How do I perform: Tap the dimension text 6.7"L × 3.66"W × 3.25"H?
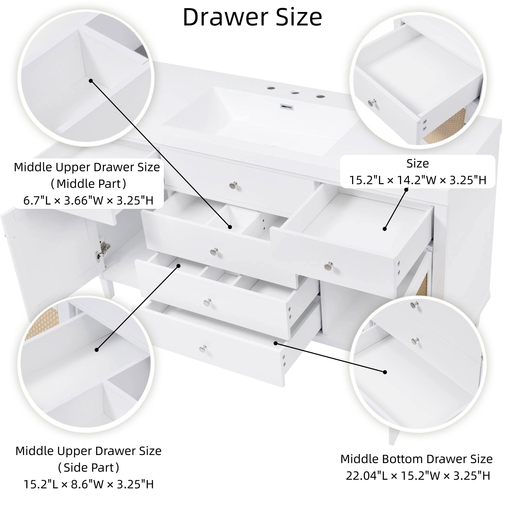pos(88,200)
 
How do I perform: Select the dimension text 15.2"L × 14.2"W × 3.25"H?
pos(418,180)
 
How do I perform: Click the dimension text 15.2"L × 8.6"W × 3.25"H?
pos(89,484)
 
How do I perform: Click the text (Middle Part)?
pos(88,184)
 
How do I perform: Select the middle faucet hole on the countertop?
pos(295,93)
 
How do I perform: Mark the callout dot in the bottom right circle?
pos(385,372)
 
